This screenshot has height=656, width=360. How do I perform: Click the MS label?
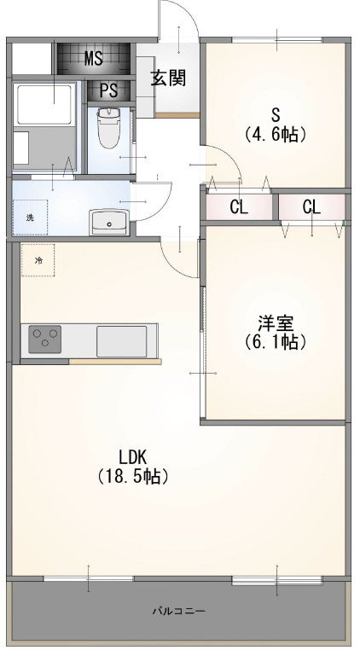point(94,59)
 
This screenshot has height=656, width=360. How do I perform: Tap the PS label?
point(109,90)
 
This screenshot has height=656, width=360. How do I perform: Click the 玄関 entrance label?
point(168,78)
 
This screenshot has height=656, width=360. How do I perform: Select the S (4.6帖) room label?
point(275,125)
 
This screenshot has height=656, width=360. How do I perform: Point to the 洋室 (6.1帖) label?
point(275,332)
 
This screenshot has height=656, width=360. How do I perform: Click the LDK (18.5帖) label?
point(134,467)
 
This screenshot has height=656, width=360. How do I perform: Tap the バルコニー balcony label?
point(179,612)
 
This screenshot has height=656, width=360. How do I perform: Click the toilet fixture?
point(108,127)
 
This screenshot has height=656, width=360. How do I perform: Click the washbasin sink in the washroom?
point(109,222)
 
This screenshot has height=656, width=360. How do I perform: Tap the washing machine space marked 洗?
point(30,218)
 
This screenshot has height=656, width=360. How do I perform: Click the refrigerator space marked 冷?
point(38,260)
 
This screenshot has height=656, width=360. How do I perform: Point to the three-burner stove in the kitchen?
point(45,339)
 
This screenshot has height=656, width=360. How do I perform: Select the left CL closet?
point(239,206)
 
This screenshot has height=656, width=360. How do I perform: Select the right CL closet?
point(312,206)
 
